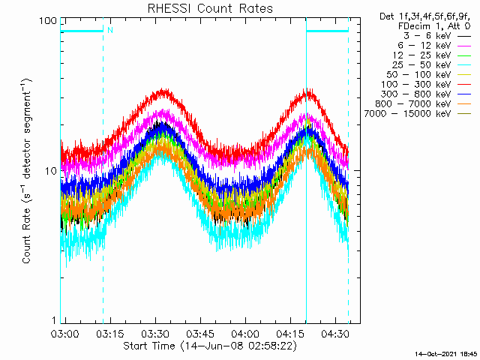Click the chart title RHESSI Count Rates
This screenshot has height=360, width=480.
pos(209,8)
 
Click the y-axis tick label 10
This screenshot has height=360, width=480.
pos(51,171)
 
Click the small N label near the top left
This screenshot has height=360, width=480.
pos(109,30)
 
